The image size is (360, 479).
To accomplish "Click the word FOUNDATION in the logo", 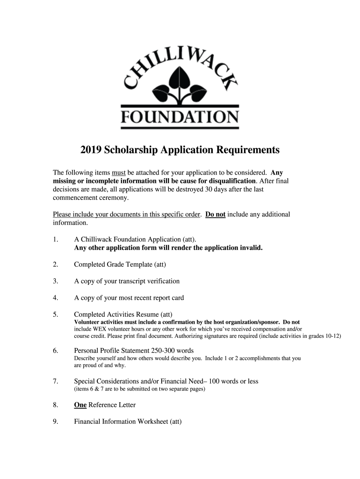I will pos(180,116).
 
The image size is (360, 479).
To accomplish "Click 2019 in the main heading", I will pos(91,150).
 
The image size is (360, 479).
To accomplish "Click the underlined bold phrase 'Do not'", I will pos(216,214).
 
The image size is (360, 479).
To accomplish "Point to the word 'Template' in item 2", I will pos(137,265).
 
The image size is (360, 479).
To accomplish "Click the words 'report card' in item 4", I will pos(167,298).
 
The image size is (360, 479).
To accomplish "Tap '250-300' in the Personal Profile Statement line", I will pos(162,350).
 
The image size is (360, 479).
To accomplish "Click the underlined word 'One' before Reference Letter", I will pos(80,405).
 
